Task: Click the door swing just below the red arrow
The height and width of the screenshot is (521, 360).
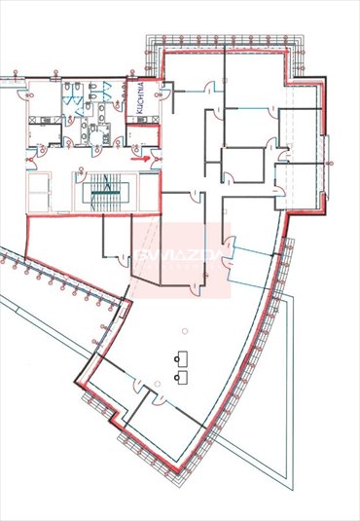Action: click(138, 167)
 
